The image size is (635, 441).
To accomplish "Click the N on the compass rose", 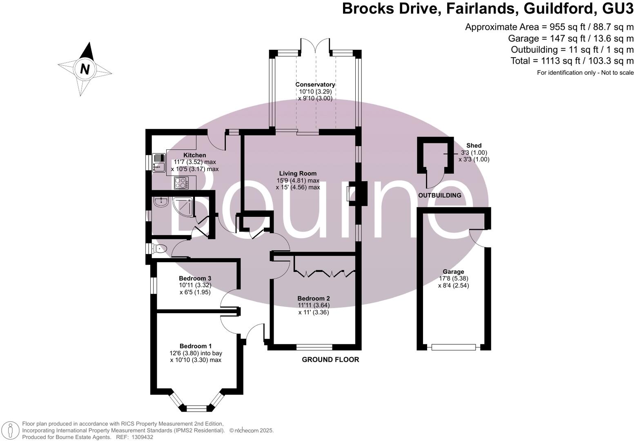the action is (85, 69).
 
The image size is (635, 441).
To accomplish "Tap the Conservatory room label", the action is (315, 85).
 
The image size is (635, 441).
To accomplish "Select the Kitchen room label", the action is (194, 155).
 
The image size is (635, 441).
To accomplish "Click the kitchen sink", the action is (159, 163).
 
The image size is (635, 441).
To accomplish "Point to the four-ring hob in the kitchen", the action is (181, 183).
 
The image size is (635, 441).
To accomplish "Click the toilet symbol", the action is (159, 249).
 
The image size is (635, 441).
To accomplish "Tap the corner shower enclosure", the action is (183, 207).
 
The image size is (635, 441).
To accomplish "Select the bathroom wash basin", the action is (161, 202).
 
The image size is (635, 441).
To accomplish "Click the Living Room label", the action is (298, 174).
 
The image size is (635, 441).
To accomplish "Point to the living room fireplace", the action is (357, 193).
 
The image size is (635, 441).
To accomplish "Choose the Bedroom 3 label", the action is (195, 278).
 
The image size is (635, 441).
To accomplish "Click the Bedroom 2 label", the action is (314, 298).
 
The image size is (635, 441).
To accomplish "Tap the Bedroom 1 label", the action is (195, 346).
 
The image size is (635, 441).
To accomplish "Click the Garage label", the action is (453, 272).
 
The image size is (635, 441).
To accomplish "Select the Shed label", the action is (474, 145).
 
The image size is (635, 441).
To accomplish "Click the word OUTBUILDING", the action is (440, 195).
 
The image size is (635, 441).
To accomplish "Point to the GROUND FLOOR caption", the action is (330, 359).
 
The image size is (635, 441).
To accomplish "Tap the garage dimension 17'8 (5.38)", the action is (453, 278).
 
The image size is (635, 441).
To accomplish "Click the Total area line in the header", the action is (572, 61).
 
